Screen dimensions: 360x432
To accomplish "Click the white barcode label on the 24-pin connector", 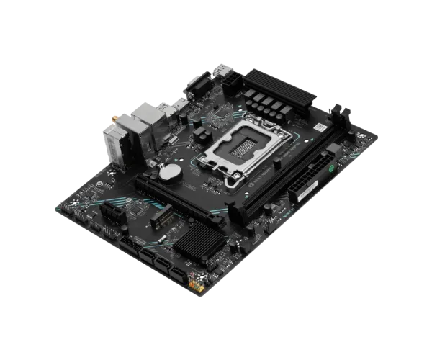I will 305,189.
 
